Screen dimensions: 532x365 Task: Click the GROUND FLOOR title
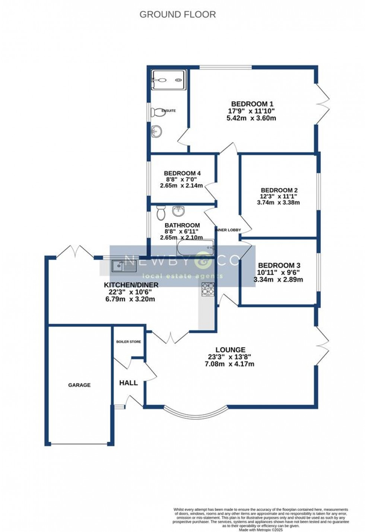[178, 15]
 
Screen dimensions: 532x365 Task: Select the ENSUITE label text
[168, 111]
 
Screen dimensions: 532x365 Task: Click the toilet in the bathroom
[161, 213]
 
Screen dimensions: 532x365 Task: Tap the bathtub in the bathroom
[196, 247]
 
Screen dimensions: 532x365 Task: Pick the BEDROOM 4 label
[182, 173]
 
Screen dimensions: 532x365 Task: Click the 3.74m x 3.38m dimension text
[278, 203]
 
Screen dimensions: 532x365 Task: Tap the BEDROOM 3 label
[279, 265]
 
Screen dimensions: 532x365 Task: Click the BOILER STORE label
[128, 342]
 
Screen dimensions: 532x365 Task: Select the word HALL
[128, 383]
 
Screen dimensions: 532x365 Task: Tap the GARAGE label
[79, 385]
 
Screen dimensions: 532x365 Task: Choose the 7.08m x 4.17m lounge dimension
[229, 364]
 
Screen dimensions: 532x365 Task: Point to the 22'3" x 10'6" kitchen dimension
[131, 292]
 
